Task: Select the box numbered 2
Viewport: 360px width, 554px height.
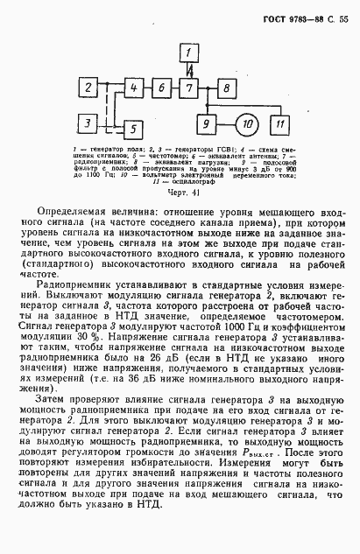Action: (89, 88)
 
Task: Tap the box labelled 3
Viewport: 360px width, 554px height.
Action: (89, 123)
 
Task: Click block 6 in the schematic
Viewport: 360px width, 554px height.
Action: (161, 88)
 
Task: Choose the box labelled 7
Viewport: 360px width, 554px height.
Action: (191, 88)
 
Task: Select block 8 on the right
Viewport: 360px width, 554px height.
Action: (225, 88)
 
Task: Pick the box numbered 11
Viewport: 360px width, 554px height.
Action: (281, 124)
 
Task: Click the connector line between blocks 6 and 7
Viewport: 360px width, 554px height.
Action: (176, 88)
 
